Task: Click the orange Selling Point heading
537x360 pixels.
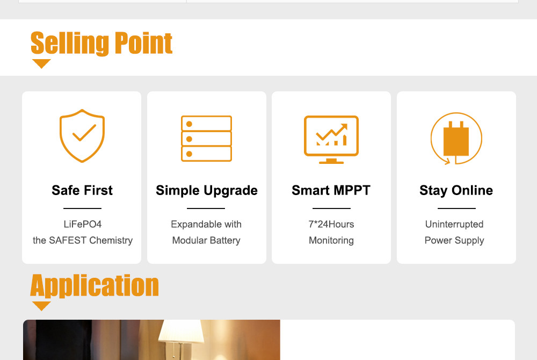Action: pos(101,44)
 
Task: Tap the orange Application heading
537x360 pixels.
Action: pos(95,285)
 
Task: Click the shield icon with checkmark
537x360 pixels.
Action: pos(82,135)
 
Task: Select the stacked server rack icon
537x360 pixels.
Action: pos(207,139)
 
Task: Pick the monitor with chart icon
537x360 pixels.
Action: pos(331,139)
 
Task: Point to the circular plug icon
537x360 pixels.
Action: pos(456,139)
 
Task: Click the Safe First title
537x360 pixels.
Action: pos(82,190)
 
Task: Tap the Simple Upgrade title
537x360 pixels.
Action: pos(207,190)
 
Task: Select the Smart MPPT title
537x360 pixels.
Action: pos(331,190)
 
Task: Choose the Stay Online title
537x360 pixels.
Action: pos(456,190)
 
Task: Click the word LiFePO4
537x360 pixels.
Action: pos(83,224)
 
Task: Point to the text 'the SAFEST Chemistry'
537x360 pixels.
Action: pos(83,241)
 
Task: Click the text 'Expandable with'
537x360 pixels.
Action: pos(206,225)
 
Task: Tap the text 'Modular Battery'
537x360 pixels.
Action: pos(206,241)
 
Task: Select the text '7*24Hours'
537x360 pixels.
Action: pos(331,224)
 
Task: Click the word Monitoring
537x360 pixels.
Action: pos(331,241)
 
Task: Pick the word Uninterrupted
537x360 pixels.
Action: pos(454,225)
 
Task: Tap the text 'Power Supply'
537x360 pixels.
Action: pos(454,241)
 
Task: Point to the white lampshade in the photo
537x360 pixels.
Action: pos(181,332)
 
